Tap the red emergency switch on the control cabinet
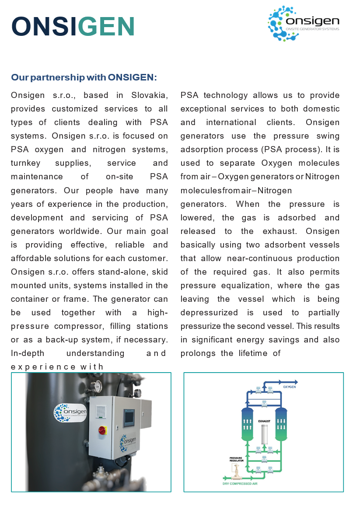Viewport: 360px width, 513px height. click(102, 429)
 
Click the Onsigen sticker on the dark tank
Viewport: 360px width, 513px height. click(70, 412)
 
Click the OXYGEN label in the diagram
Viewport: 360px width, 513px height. click(289, 387)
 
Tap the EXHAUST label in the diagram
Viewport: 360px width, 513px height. click(264, 421)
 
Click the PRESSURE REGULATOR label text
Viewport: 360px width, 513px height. click(236, 459)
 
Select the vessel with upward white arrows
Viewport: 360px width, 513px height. click(248, 424)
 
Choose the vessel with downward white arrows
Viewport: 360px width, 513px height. click(280, 424)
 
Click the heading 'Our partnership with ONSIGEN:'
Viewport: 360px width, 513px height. click(84, 77)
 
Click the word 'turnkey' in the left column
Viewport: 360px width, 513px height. click(25, 163)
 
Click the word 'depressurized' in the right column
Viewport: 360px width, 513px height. click(209, 313)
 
